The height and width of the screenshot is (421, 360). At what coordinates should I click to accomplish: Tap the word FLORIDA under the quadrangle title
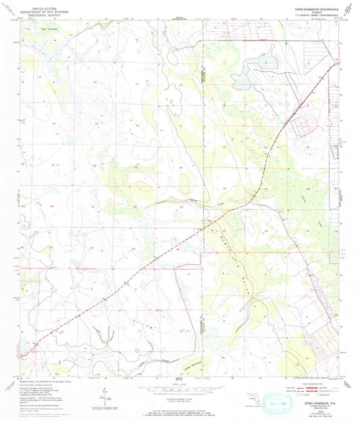pyautogui.click(x=310, y=13)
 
